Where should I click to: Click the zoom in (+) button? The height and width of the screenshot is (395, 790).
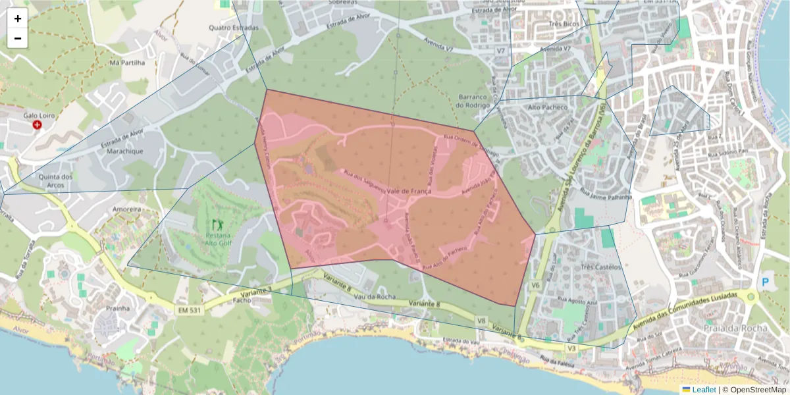click(18, 18)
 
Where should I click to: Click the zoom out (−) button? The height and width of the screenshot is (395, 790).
click(18, 38)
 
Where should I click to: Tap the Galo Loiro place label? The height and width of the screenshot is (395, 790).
click(38, 115)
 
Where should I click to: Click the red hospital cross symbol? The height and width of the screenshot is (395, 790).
click(38, 124)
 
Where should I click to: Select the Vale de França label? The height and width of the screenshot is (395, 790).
click(409, 190)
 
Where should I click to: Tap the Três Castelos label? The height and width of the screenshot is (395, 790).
click(601, 267)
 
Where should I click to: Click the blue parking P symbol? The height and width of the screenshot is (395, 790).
click(765, 282)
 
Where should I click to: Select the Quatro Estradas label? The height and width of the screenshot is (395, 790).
click(234, 28)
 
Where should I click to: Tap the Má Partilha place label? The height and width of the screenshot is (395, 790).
click(127, 63)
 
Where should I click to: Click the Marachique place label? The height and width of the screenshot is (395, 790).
click(126, 151)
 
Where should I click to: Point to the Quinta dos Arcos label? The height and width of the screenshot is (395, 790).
click(55, 180)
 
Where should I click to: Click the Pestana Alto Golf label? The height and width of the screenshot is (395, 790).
click(219, 238)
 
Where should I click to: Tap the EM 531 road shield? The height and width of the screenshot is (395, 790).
click(190, 309)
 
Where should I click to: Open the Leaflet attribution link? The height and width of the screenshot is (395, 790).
click(704, 390)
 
